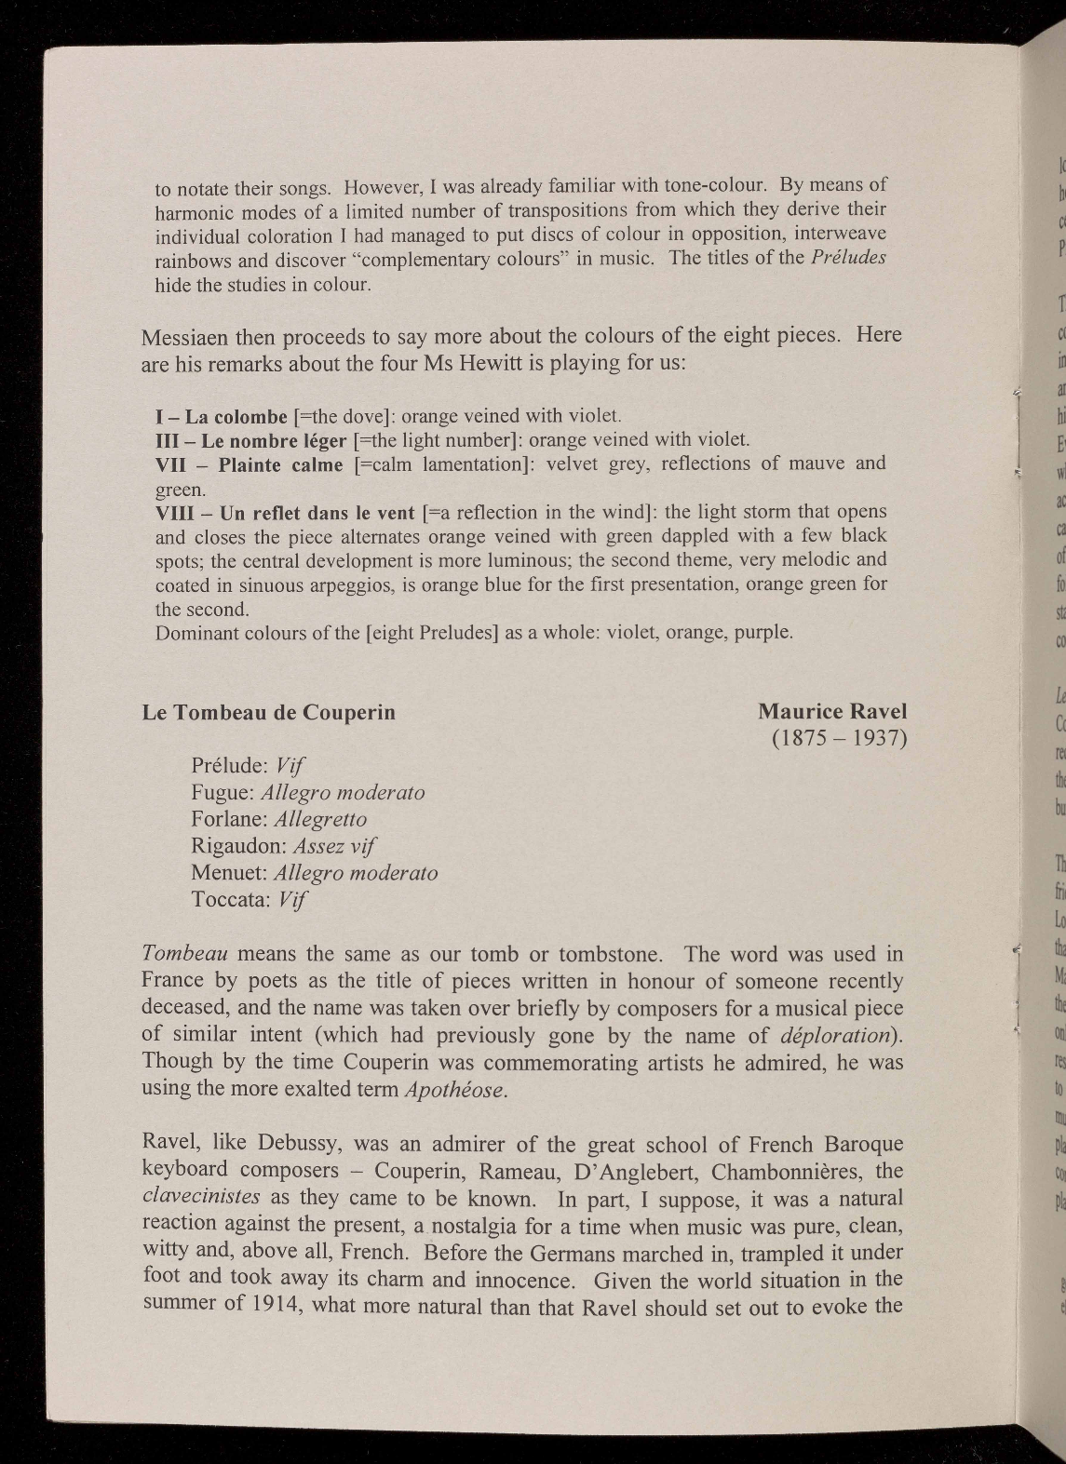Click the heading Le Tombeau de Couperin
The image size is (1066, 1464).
pos(268,713)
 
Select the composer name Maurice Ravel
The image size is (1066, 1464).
pos(831,712)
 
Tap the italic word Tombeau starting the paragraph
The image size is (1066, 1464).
pos(185,955)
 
